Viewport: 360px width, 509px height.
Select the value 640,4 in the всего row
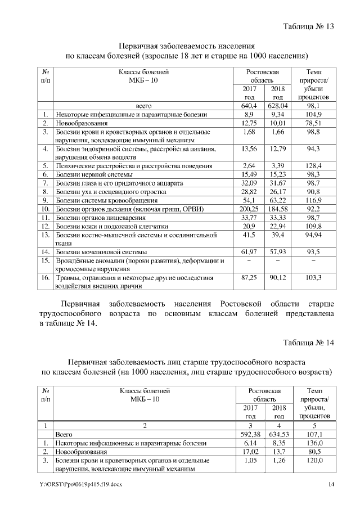pos(249,105)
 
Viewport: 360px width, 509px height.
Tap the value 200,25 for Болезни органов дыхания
pos(249,209)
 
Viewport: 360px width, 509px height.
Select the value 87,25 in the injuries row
pos(249,278)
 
